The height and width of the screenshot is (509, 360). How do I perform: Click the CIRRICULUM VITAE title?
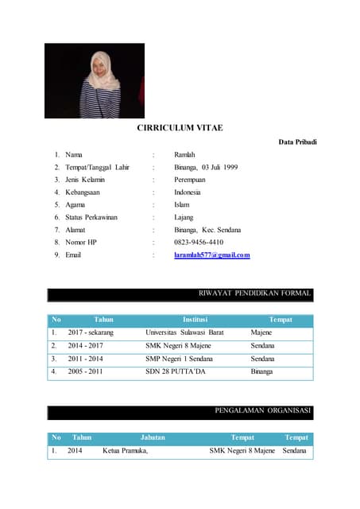pyautogui.click(x=180, y=128)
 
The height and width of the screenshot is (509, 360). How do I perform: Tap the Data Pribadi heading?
pyautogui.click(x=297, y=142)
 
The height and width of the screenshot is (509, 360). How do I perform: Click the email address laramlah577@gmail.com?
pyautogui.click(x=211, y=255)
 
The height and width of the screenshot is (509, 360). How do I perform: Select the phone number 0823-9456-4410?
pyautogui.click(x=198, y=242)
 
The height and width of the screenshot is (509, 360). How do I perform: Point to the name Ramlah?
pyautogui.click(x=184, y=154)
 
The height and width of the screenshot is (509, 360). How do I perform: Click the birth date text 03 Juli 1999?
pyautogui.click(x=219, y=167)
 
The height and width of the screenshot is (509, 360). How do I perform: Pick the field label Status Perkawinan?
pyautogui.click(x=90, y=216)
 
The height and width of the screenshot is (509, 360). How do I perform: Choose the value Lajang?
pyautogui.click(x=184, y=216)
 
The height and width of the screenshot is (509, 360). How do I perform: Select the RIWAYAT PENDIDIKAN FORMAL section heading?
pyautogui.click(x=254, y=293)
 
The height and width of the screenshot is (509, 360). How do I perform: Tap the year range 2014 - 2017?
pyautogui.click(x=85, y=346)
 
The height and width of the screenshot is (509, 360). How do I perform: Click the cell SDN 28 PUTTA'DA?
pyautogui.click(x=176, y=371)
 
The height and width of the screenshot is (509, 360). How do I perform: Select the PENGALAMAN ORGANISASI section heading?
pyautogui.click(x=263, y=411)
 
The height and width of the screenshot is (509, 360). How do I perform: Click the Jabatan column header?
pyautogui.click(x=153, y=437)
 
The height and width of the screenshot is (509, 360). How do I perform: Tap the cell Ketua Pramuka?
pyautogui.click(x=126, y=451)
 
